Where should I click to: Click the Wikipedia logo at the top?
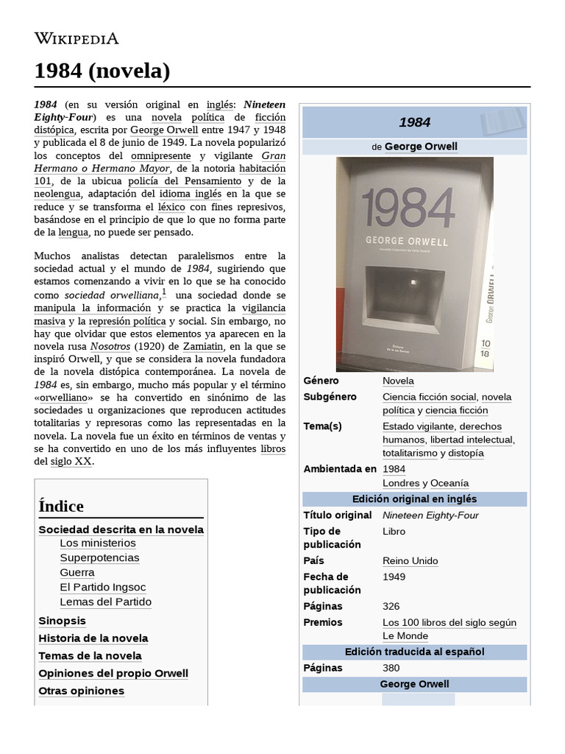(x=77, y=38)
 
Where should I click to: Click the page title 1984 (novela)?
(x=102, y=71)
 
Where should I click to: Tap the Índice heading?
(x=61, y=506)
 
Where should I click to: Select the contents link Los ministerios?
(x=98, y=543)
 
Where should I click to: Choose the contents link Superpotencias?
(x=99, y=557)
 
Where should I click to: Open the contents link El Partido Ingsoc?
(x=103, y=587)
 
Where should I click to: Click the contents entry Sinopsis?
(x=63, y=621)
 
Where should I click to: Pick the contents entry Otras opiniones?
(x=81, y=691)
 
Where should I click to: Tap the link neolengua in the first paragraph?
(x=58, y=194)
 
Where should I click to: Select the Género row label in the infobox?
(x=321, y=381)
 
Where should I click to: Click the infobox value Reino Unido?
(x=410, y=560)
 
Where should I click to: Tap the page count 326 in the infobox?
(x=391, y=606)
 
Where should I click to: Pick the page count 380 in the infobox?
(x=391, y=668)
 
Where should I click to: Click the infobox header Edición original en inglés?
(x=414, y=499)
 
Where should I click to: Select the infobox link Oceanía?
(x=450, y=483)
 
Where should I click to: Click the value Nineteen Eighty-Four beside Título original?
(x=430, y=515)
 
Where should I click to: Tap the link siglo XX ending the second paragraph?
(x=72, y=461)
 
